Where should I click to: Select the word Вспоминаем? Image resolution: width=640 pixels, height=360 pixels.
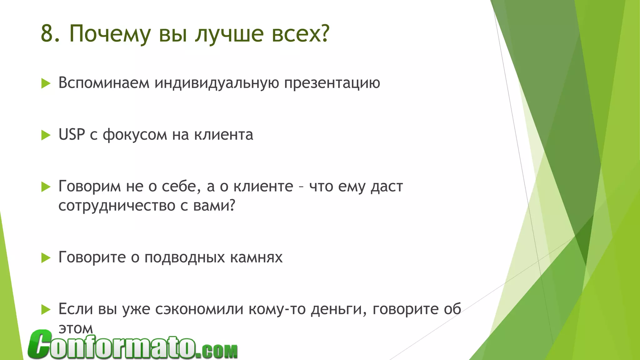[104, 83]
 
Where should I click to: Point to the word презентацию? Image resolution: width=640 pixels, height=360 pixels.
[332, 83]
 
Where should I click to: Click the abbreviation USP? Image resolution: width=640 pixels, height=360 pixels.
[72, 135]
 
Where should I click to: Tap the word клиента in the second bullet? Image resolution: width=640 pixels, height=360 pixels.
[223, 135]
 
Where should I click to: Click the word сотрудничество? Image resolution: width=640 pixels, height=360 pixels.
[117, 206]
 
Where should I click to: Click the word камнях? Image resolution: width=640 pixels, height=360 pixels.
[256, 257]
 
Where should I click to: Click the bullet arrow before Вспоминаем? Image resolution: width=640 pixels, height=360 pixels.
[46, 84]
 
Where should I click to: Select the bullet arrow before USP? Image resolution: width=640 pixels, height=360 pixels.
[46, 135]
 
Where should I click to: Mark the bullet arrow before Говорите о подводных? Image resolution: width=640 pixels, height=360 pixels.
[46, 258]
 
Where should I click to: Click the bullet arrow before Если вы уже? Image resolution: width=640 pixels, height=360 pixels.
[46, 310]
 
